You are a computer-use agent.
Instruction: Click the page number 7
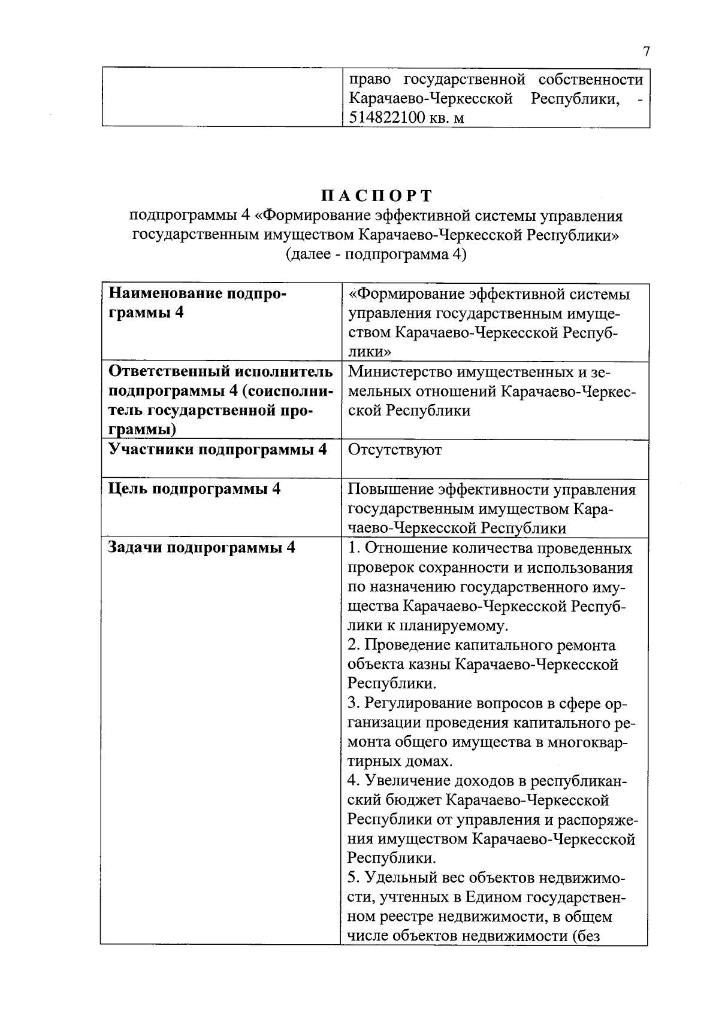click(x=647, y=52)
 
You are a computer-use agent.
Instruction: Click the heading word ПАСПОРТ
click(x=376, y=196)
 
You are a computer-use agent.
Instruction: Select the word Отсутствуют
click(x=395, y=450)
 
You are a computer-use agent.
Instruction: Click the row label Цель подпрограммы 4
click(x=194, y=489)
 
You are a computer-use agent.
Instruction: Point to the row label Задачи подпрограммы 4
click(x=201, y=548)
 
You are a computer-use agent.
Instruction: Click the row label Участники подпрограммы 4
click(x=217, y=450)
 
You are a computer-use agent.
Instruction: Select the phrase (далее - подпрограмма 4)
click(x=376, y=254)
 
